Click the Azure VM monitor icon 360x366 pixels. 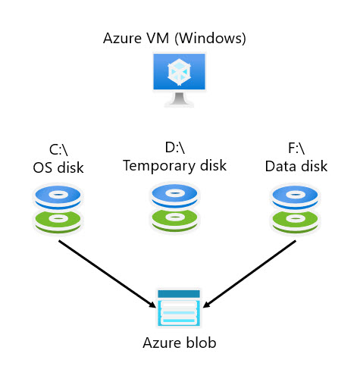[179, 80]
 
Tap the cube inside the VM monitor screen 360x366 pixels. [179, 72]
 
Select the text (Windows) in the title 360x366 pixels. [210, 39]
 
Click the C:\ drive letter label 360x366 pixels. [58, 150]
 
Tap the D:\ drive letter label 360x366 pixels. [175, 148]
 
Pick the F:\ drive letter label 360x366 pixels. [296, 148]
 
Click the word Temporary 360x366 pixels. [158, 166]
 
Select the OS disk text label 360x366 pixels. [58, 167]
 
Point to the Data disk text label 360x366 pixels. [296, 166]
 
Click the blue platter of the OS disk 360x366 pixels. [58, 197]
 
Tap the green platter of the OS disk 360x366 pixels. [58, 221]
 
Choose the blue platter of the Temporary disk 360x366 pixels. [174, 196]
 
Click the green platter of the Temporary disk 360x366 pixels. [174, 219]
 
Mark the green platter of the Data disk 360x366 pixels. [295, 221]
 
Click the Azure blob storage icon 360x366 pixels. [179, 308]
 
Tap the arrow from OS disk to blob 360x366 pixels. [108, 274]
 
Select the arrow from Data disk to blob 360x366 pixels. [249, 274]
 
